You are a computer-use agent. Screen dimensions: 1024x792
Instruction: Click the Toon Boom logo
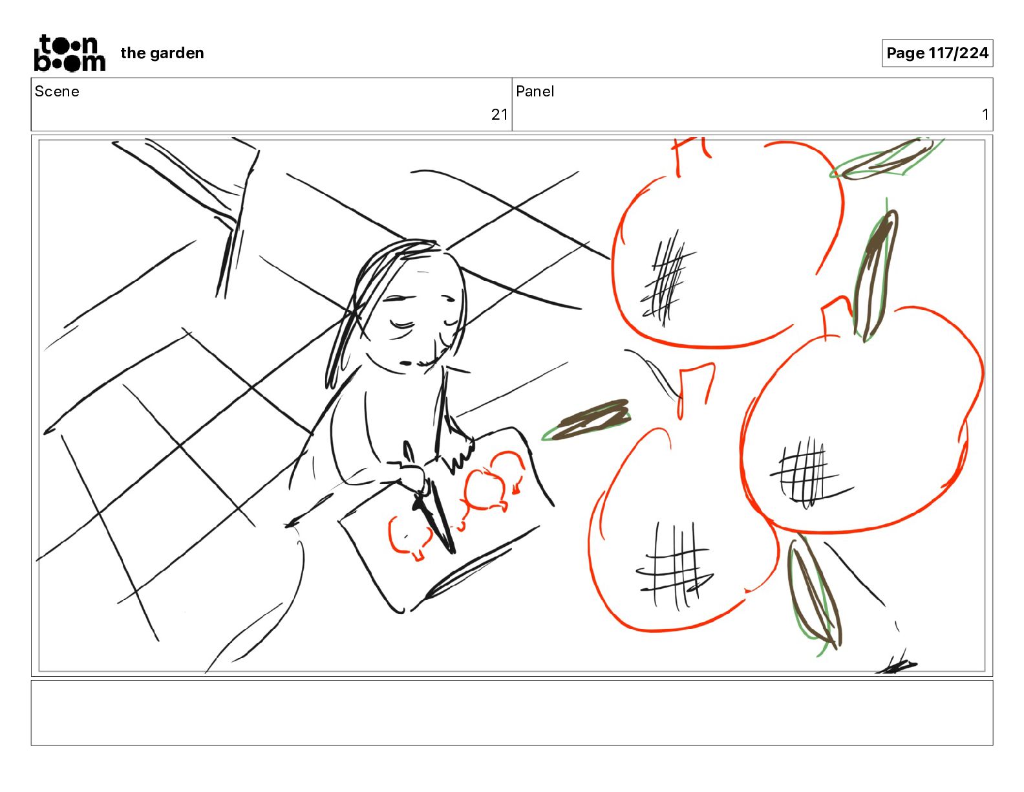click(70, 53)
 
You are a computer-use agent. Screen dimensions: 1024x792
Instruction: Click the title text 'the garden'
click(162, 53)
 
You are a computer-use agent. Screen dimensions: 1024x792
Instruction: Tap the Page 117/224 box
click(937, 53)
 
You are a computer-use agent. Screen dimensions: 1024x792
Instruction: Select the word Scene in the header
click(57, 91)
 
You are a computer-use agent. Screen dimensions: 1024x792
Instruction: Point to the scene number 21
click(500, 114)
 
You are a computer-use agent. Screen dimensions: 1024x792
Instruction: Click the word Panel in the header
click(535, 91)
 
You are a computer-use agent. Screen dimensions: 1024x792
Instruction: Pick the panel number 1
click(985, 114)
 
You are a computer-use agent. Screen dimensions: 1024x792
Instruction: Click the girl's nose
click(405, 363)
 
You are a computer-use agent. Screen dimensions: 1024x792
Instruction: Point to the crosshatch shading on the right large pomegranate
click(807, 472)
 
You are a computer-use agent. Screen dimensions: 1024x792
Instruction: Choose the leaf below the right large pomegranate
click(815, 595)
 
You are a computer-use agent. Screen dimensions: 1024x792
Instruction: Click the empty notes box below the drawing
click(512, 713)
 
